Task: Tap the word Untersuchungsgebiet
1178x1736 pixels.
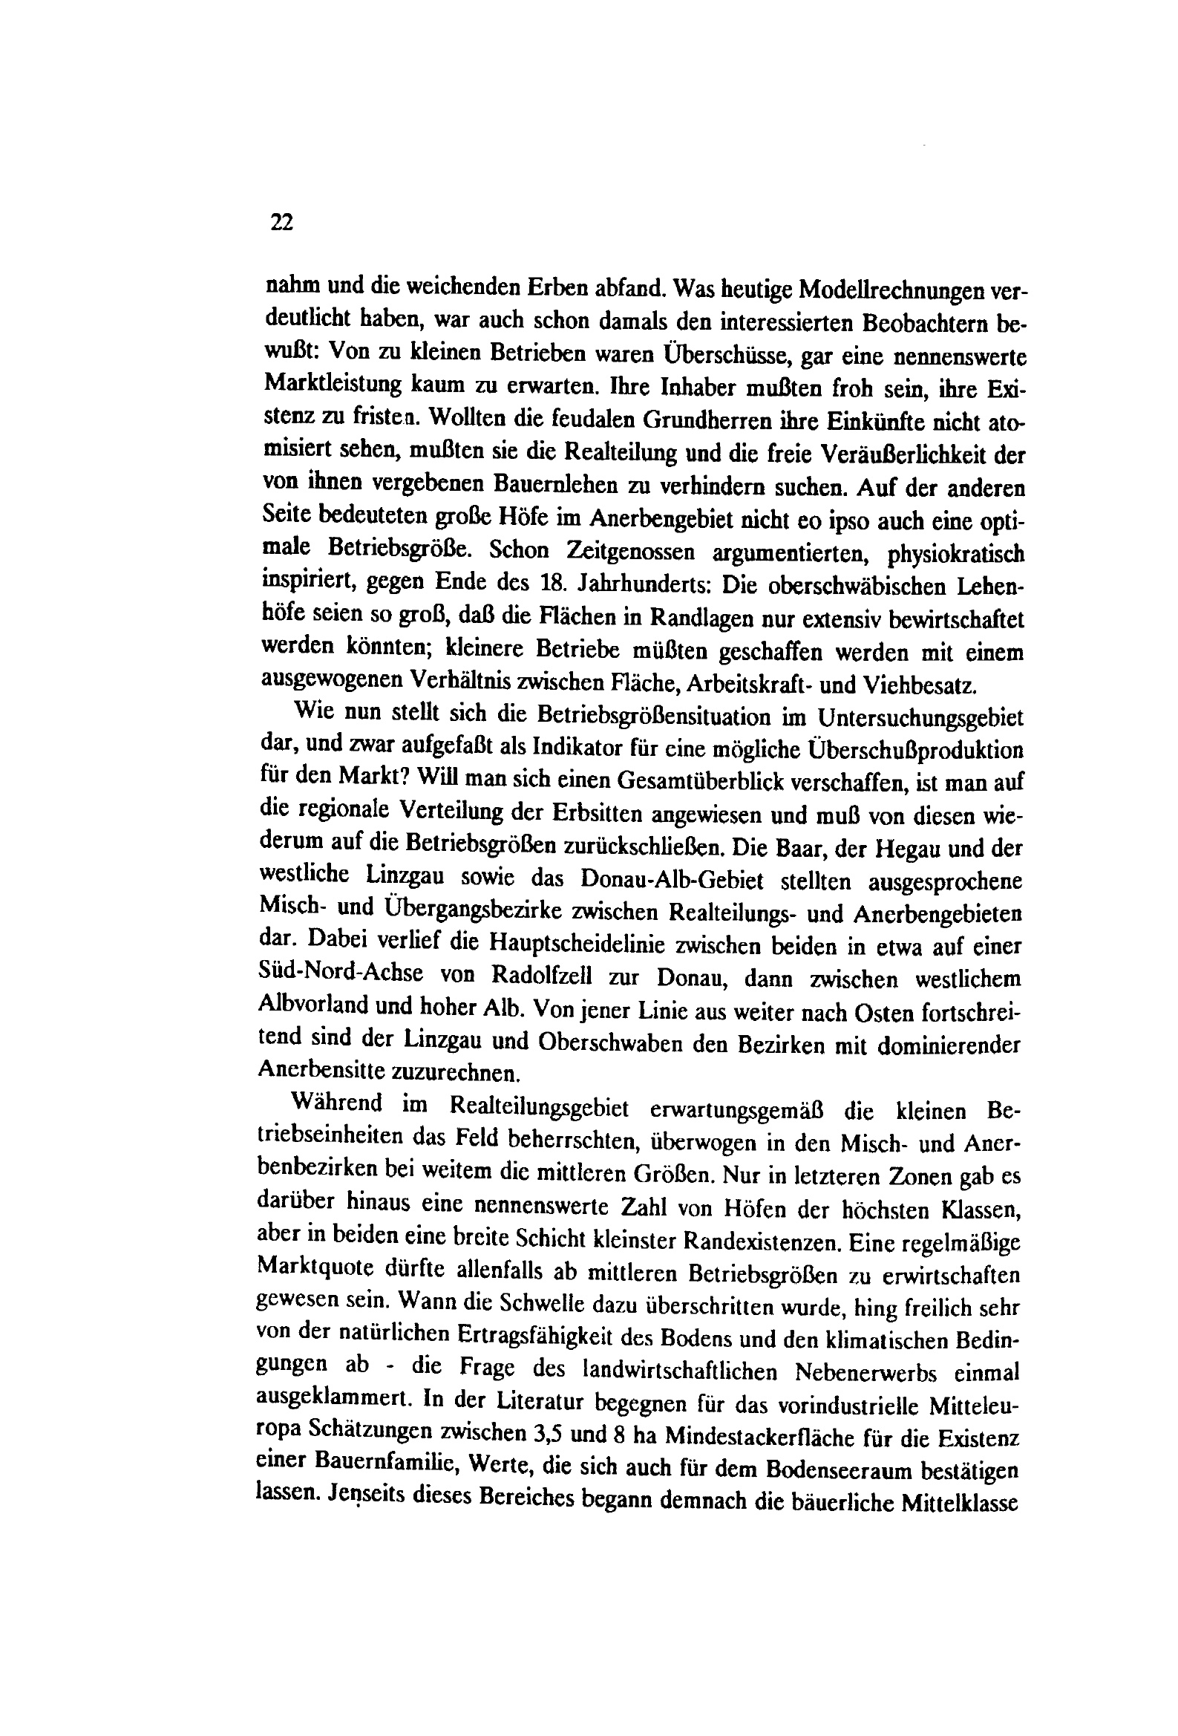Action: (x=919, y=718)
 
